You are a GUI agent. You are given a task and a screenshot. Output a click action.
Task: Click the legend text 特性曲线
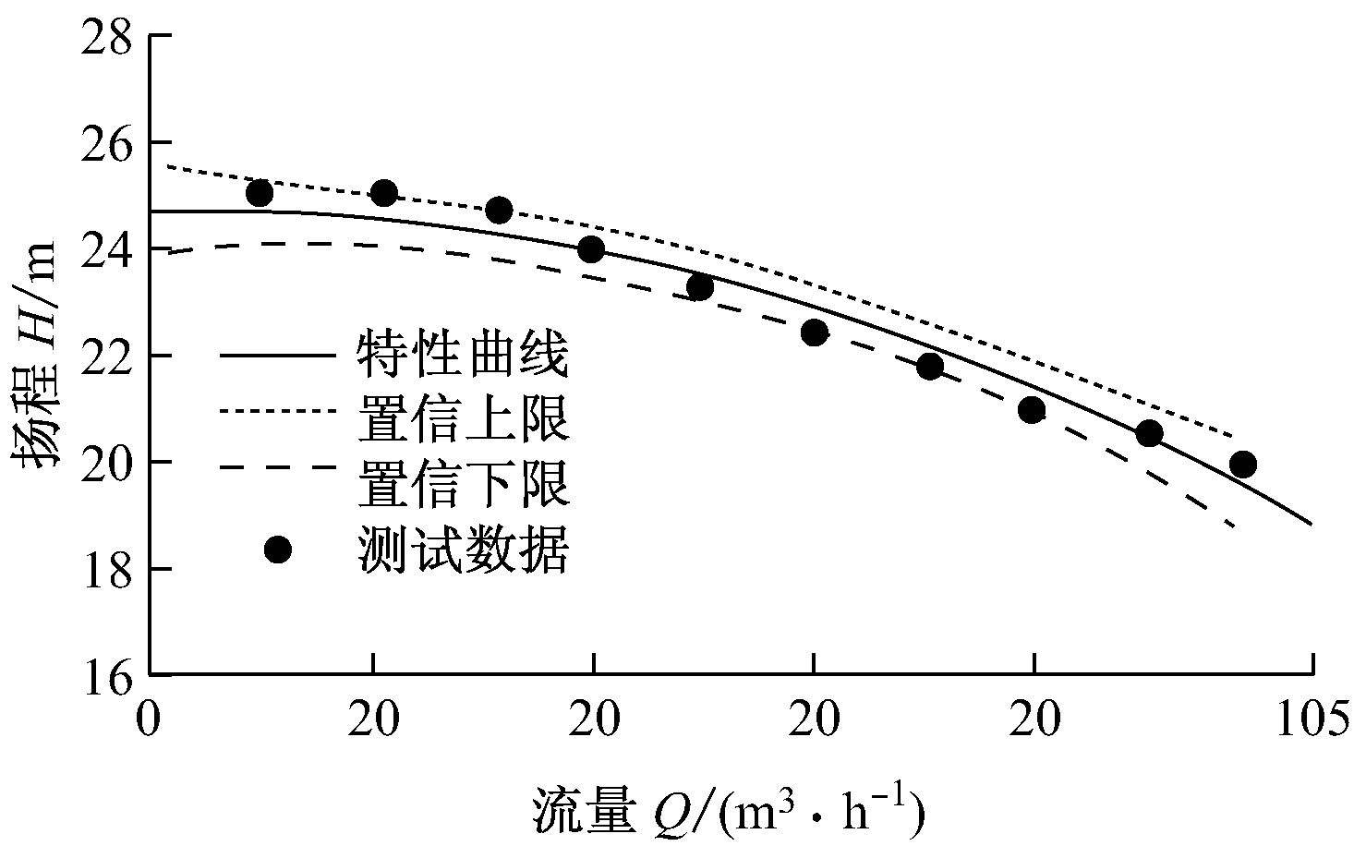coord(463,357)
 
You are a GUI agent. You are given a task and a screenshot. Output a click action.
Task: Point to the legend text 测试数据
coord(463,550)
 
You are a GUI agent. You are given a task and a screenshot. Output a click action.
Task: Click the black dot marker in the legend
coord(277,550)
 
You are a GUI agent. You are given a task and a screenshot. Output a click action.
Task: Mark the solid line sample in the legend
coord(277,356)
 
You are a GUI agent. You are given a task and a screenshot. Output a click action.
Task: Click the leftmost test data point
coord(260,193)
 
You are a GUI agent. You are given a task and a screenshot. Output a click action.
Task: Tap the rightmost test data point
coord(1243,464)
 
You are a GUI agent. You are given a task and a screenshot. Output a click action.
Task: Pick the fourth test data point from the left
coord(591,249)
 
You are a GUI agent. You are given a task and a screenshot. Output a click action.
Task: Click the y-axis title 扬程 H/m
coord(42,357)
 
